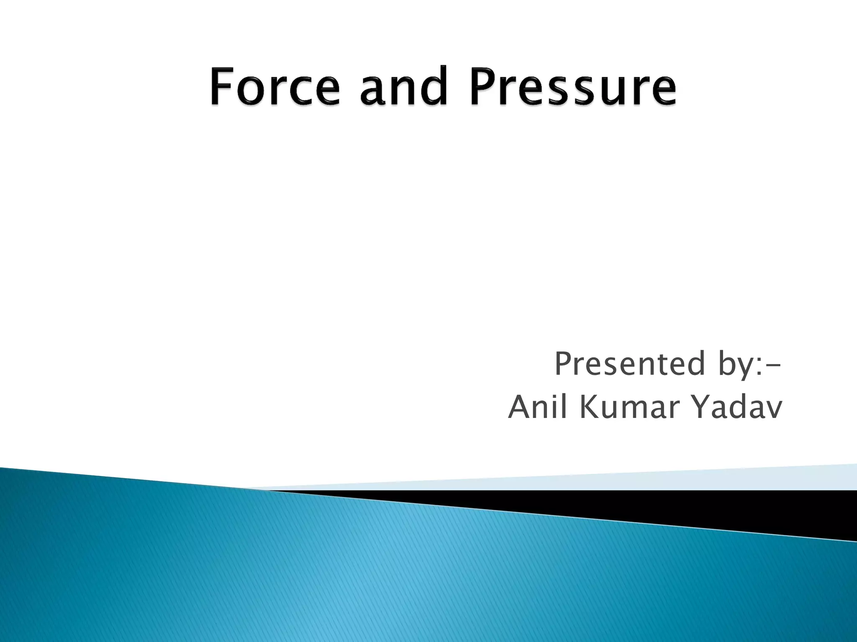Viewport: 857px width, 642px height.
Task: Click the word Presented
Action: tap(629, 364)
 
